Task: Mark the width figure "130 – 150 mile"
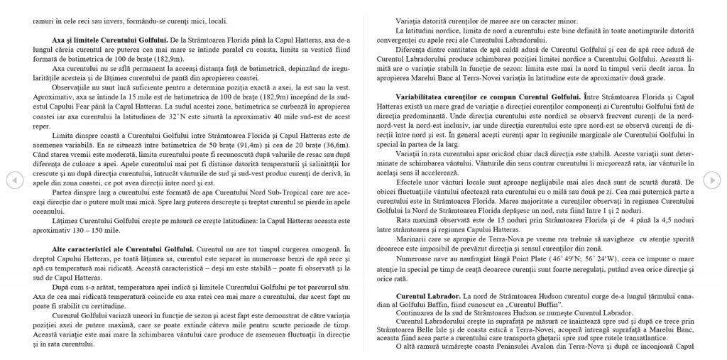pyautogui.click(x=103, y=231)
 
